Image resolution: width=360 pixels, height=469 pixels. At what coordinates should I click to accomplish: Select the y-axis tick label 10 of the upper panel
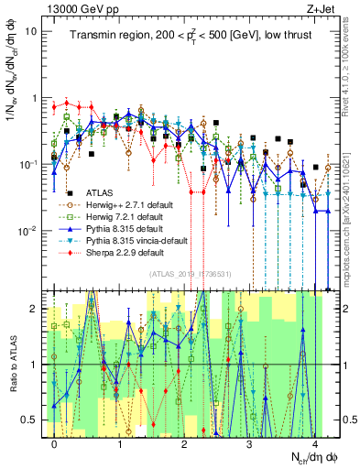point(30,31)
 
